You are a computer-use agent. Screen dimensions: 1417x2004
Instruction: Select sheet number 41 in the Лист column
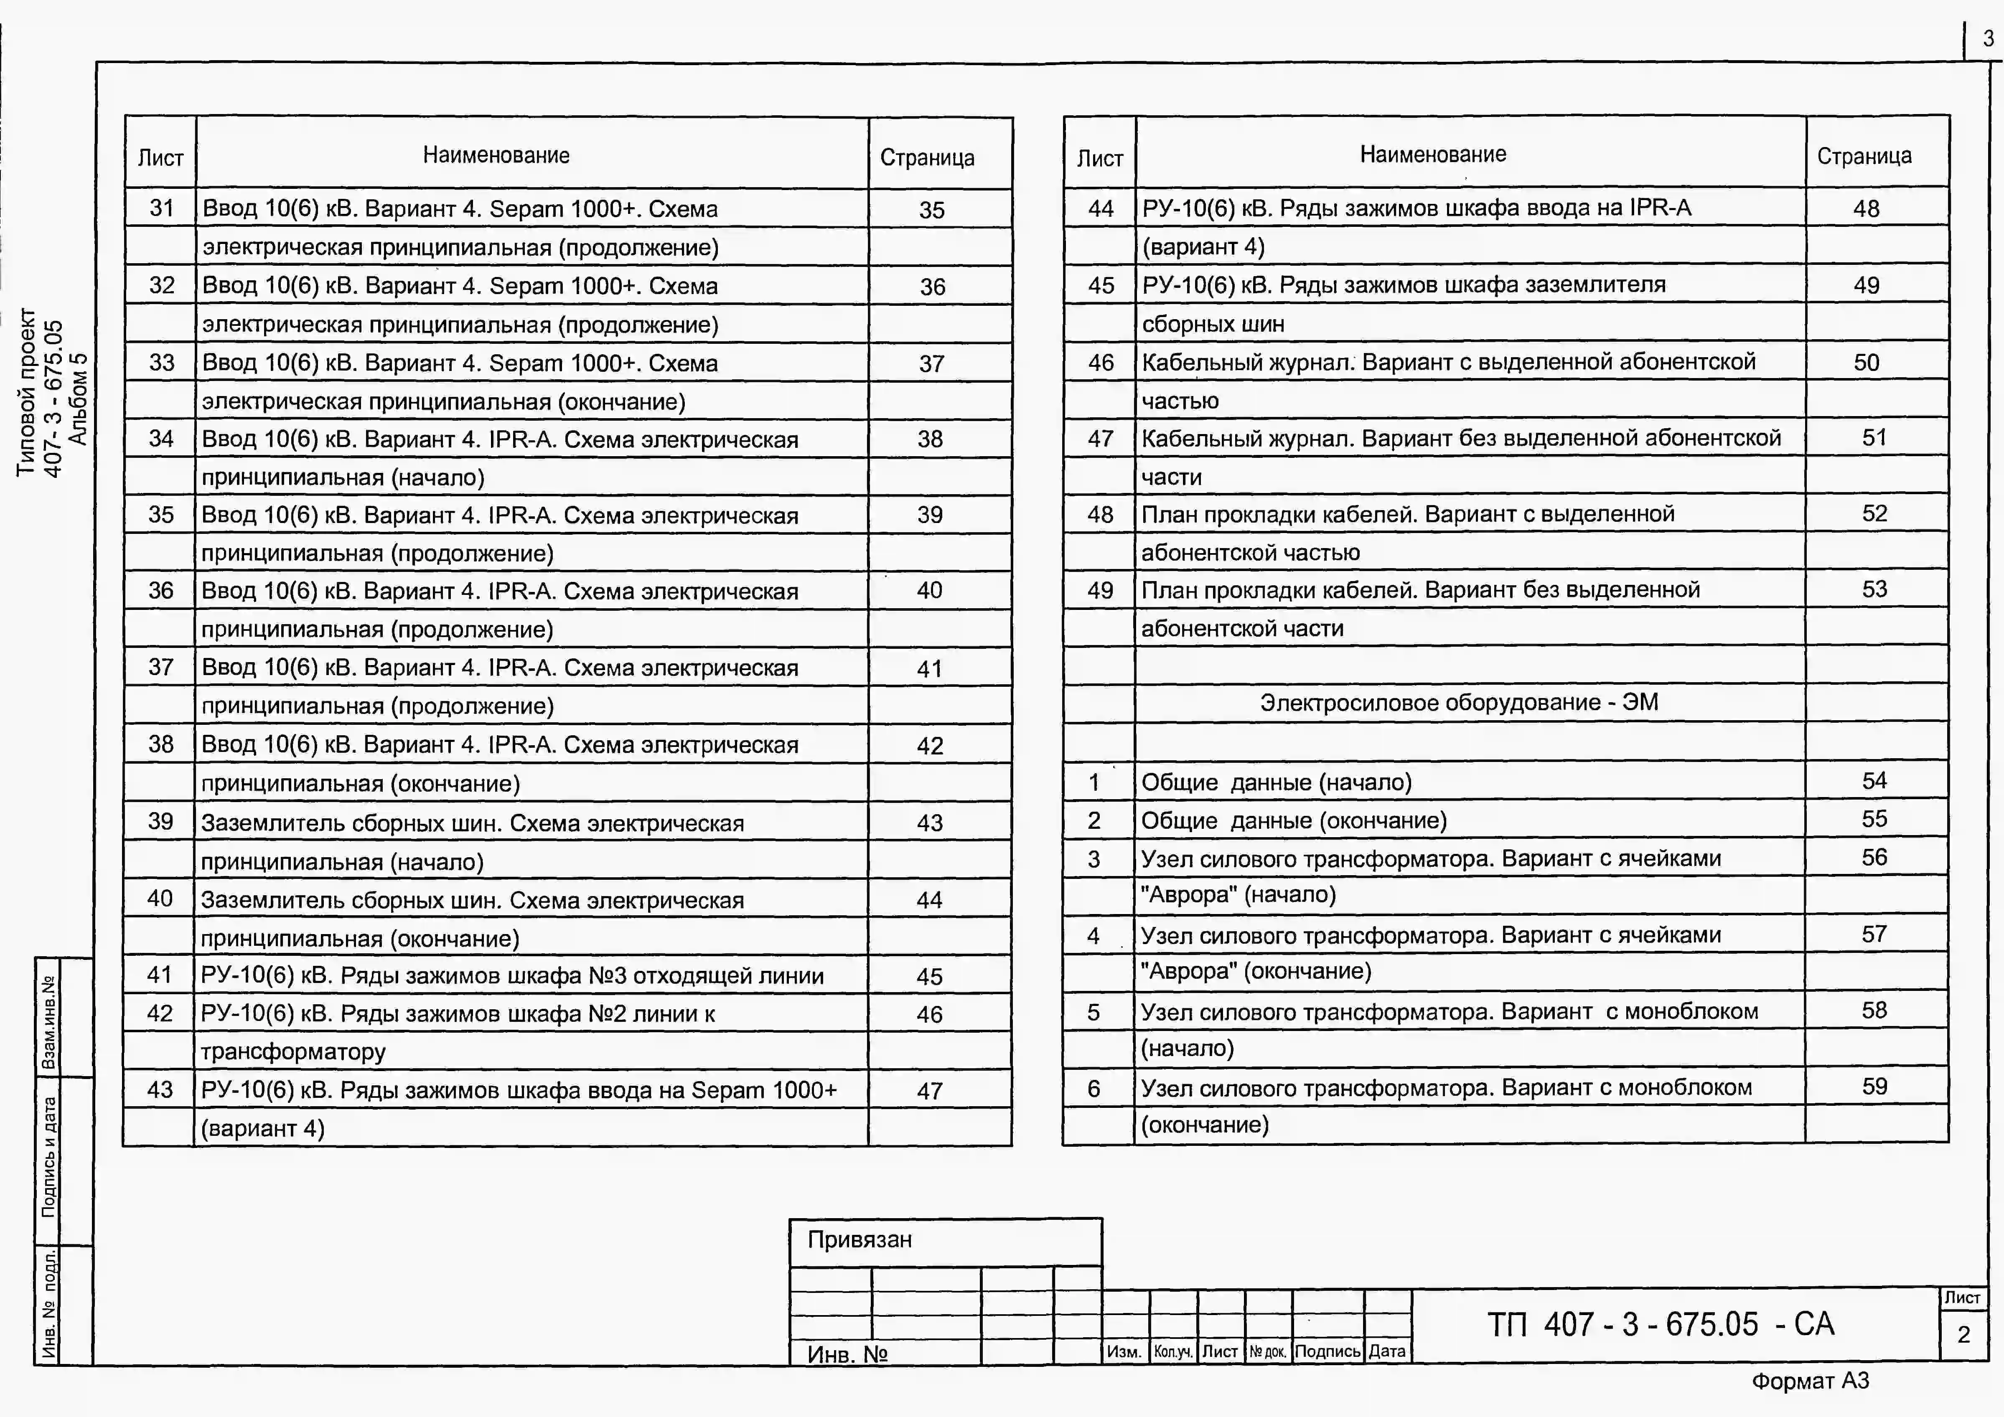pyautogui.click(x=160, y=975)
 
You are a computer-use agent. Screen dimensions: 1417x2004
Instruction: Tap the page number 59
pyautogui.click(x=1874, y=1086)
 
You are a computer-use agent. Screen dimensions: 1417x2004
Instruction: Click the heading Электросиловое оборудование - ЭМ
pyautogui.click(x=1458, y=702)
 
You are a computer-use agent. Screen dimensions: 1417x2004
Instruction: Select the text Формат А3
pyautogui.click(x=1810, y=1381)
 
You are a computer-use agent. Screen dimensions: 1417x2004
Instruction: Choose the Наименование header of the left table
pyautogui.click(x=496, y=155)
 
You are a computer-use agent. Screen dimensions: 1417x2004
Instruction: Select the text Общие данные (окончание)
pyautogui.click(x=1294, y=820)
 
